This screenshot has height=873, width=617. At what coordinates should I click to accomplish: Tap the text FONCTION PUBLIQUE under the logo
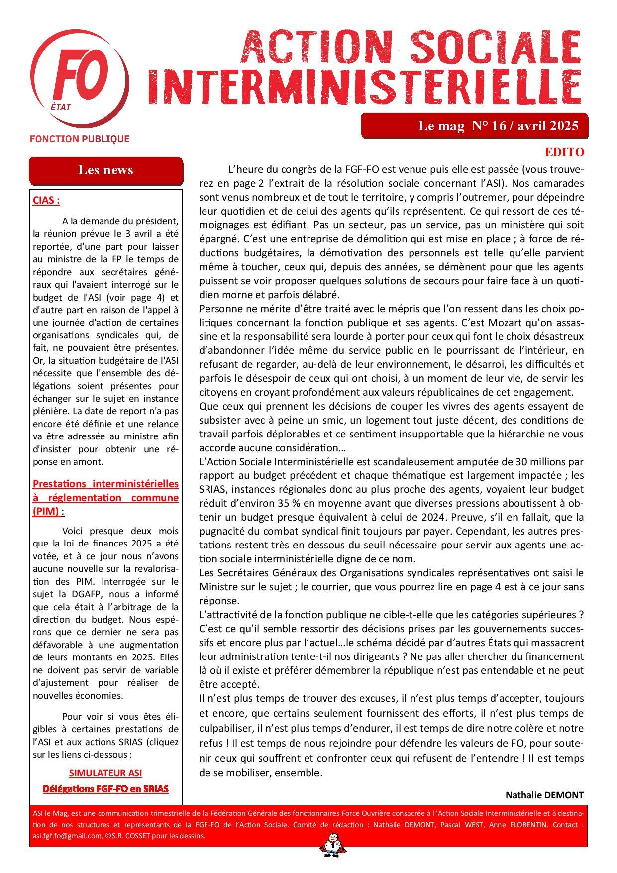(x=80, y=139)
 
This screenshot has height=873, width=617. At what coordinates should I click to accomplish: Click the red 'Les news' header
(x=105, y=170)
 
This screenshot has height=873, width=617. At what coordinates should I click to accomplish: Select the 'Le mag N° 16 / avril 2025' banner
(x=475, y=126)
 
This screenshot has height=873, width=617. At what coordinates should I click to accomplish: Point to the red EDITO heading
(x=564, y=152)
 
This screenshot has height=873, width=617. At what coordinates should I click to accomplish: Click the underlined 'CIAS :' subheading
(x=46, y=201)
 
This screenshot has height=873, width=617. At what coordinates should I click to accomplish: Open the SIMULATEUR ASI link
(x=105, y=773)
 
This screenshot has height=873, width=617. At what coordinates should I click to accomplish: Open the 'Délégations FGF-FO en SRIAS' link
(x=105, y=789)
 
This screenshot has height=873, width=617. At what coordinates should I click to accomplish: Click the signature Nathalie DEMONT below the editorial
(x=544, y=795)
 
